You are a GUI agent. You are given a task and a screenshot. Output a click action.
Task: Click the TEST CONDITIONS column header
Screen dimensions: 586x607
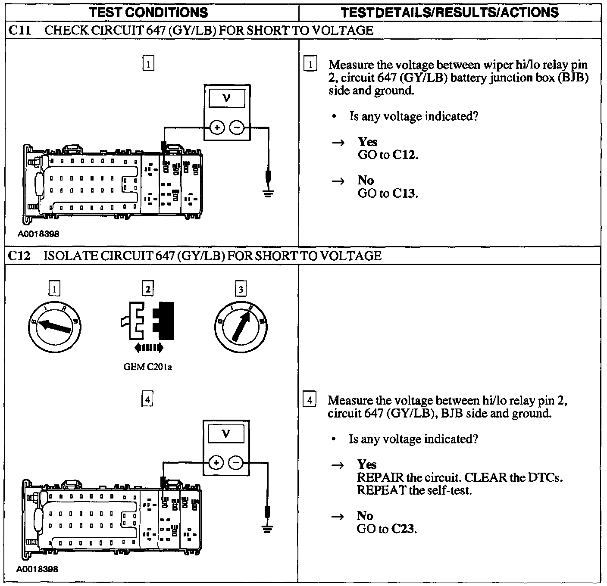tap(148, 12)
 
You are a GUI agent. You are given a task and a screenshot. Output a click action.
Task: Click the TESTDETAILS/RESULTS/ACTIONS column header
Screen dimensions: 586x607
tap(450, 12)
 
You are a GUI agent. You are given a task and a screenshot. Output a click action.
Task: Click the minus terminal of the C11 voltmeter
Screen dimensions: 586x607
tap(237, 128)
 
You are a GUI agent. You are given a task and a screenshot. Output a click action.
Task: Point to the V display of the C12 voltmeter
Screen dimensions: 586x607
tap(226, 434)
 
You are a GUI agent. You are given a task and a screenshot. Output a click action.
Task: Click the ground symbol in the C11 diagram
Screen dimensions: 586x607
tap(268, 193)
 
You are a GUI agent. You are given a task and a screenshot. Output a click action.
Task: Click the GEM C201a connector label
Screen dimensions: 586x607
tap(148, 367)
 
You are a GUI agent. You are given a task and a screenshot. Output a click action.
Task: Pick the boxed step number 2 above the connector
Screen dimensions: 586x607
tap(147, 289)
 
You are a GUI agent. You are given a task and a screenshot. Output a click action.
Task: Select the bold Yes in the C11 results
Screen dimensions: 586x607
tap(367, 142)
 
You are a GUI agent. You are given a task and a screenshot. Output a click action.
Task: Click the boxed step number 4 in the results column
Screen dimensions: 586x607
tap(310, 400)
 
